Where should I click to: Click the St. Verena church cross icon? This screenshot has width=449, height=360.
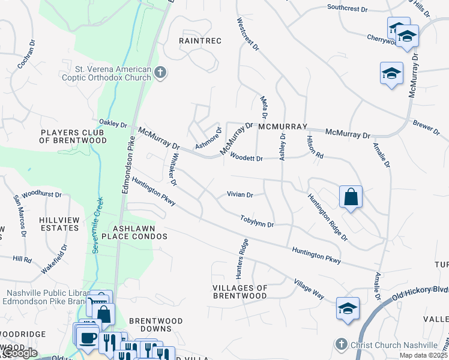(160, 73)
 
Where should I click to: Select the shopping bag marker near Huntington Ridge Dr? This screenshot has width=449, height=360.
(351, 197)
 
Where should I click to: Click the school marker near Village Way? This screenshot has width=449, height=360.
(348, 307)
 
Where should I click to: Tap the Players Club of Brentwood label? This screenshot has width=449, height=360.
(73, 136)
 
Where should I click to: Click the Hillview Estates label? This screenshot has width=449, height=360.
(59, 224)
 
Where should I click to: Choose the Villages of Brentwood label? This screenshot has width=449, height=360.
(240, 292)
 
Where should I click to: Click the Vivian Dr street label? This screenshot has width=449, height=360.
(240, 195)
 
